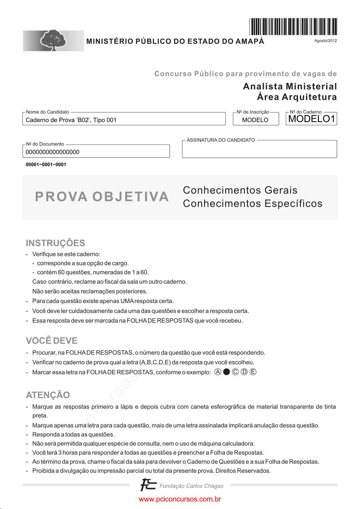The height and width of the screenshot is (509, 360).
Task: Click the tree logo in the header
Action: point(54,40)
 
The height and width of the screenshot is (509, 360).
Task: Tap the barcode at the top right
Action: point(293,27)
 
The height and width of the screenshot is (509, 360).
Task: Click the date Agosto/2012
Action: point(325,41)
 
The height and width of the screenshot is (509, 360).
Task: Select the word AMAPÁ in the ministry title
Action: point(250,41)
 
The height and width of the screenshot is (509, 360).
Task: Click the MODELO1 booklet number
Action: point(312,119)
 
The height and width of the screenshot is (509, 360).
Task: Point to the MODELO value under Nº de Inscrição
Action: point(255,120)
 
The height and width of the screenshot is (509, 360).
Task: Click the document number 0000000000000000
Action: point(53,152)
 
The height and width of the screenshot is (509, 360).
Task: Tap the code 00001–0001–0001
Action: point(46,165)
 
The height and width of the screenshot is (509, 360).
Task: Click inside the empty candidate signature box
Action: point(259,150)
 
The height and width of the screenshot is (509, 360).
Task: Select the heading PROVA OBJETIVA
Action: point(102,197)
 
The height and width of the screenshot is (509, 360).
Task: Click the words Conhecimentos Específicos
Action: point(252,204)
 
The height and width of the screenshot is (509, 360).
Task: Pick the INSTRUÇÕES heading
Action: point(55,243)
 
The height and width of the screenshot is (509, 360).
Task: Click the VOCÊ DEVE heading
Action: point(52,340)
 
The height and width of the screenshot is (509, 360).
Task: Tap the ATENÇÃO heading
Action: point(48,395)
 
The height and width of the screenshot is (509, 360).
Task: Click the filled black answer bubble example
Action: point(226,372)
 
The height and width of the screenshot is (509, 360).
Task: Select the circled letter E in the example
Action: point(253,372)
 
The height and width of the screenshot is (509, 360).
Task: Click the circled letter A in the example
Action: point(218,372)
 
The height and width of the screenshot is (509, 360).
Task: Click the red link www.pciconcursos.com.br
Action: point(180,499)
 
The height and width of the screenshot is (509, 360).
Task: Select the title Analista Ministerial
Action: point(290,86)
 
